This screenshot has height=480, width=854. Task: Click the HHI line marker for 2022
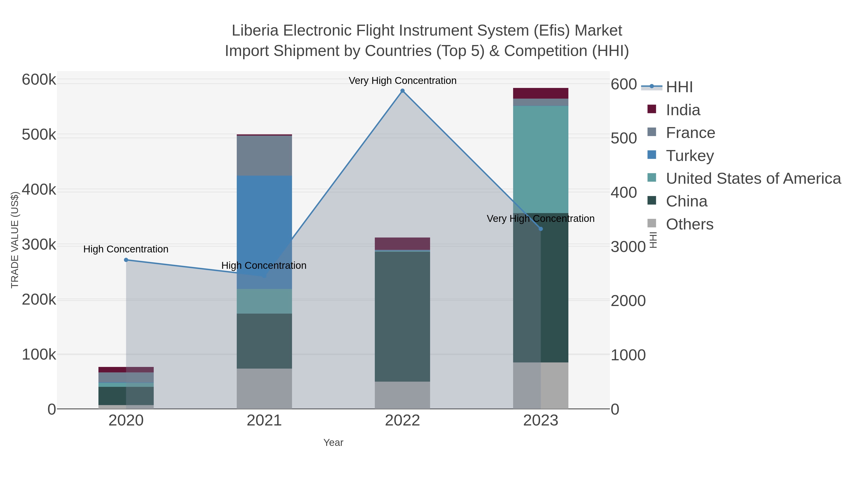click(x=403, y=91)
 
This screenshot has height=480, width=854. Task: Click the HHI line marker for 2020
click(x=126, y=260)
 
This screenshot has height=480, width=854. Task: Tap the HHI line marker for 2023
click(x=541, y=229)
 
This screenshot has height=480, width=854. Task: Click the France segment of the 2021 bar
click(x=264, y=156)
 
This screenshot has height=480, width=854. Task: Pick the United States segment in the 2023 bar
click(x=541, y=159)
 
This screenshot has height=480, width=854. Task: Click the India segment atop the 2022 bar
click(x=403, y=243)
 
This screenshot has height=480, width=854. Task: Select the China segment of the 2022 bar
click(x=403, y=316)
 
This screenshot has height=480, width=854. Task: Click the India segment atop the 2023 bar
click(x=541, y=93)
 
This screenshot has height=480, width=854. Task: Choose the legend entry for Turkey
click(x=690, y=156)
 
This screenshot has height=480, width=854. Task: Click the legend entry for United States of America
click(x=752, y=178)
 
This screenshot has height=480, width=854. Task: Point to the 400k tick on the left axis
click(x=39, y=190)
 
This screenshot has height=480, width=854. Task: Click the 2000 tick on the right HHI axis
click(x=628, y=301)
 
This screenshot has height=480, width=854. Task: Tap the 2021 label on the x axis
click(x=264, y=421)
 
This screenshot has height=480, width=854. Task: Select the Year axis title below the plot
click(x=333, y=443)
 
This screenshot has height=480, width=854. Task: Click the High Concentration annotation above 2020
click(x=126, y=249)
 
